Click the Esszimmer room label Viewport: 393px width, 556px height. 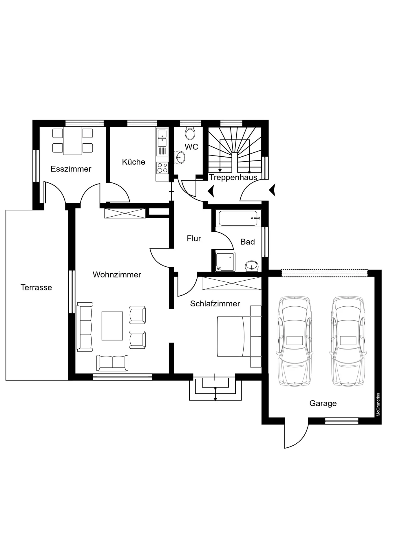point(71,169)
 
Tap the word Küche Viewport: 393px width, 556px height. point(134,162)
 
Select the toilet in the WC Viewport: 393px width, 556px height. point(190,133)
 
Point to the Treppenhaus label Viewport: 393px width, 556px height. point(233,177)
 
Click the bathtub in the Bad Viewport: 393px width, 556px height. point(240,218)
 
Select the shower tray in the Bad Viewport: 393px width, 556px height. point(225,261)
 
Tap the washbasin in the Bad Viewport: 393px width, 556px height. point(252,266)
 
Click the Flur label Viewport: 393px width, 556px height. point(194,238)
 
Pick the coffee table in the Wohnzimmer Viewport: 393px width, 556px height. point(112,326)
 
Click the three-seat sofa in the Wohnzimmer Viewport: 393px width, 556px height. point(85,327)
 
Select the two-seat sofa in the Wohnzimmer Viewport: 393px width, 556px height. point(112,363)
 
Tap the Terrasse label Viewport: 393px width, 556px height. point(36,287)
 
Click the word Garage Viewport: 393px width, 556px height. point(323,403)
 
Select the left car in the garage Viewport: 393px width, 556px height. point(295,341)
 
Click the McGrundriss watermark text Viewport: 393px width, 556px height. point(378,405)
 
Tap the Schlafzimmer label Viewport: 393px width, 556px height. point(215,303)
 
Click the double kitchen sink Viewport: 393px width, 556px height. point(162,138)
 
